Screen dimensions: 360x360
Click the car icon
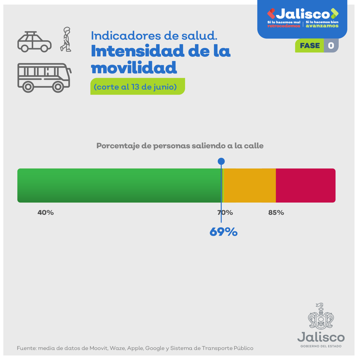[34, 42]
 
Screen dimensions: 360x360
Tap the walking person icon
[66, 39]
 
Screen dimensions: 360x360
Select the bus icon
[44, 77]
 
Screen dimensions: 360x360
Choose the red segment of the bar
[305, 185]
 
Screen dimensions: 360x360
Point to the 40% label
[46, 213]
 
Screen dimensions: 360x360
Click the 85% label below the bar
[276, 213]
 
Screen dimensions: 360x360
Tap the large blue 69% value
[223, 232]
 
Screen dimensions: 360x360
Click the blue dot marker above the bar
[221, 161]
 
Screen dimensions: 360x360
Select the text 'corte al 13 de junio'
[135, 87]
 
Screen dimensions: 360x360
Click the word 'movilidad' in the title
[134, 68]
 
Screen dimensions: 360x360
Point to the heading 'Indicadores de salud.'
[154, 36]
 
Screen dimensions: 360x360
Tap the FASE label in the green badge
[310, 46]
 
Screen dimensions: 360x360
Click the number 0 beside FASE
[331, 46]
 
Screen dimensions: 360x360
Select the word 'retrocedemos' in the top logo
[283, 26]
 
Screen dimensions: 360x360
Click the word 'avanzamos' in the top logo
[322, 26]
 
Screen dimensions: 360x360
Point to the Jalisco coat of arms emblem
[321, 316]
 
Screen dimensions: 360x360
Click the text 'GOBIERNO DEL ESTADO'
[321, 346]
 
